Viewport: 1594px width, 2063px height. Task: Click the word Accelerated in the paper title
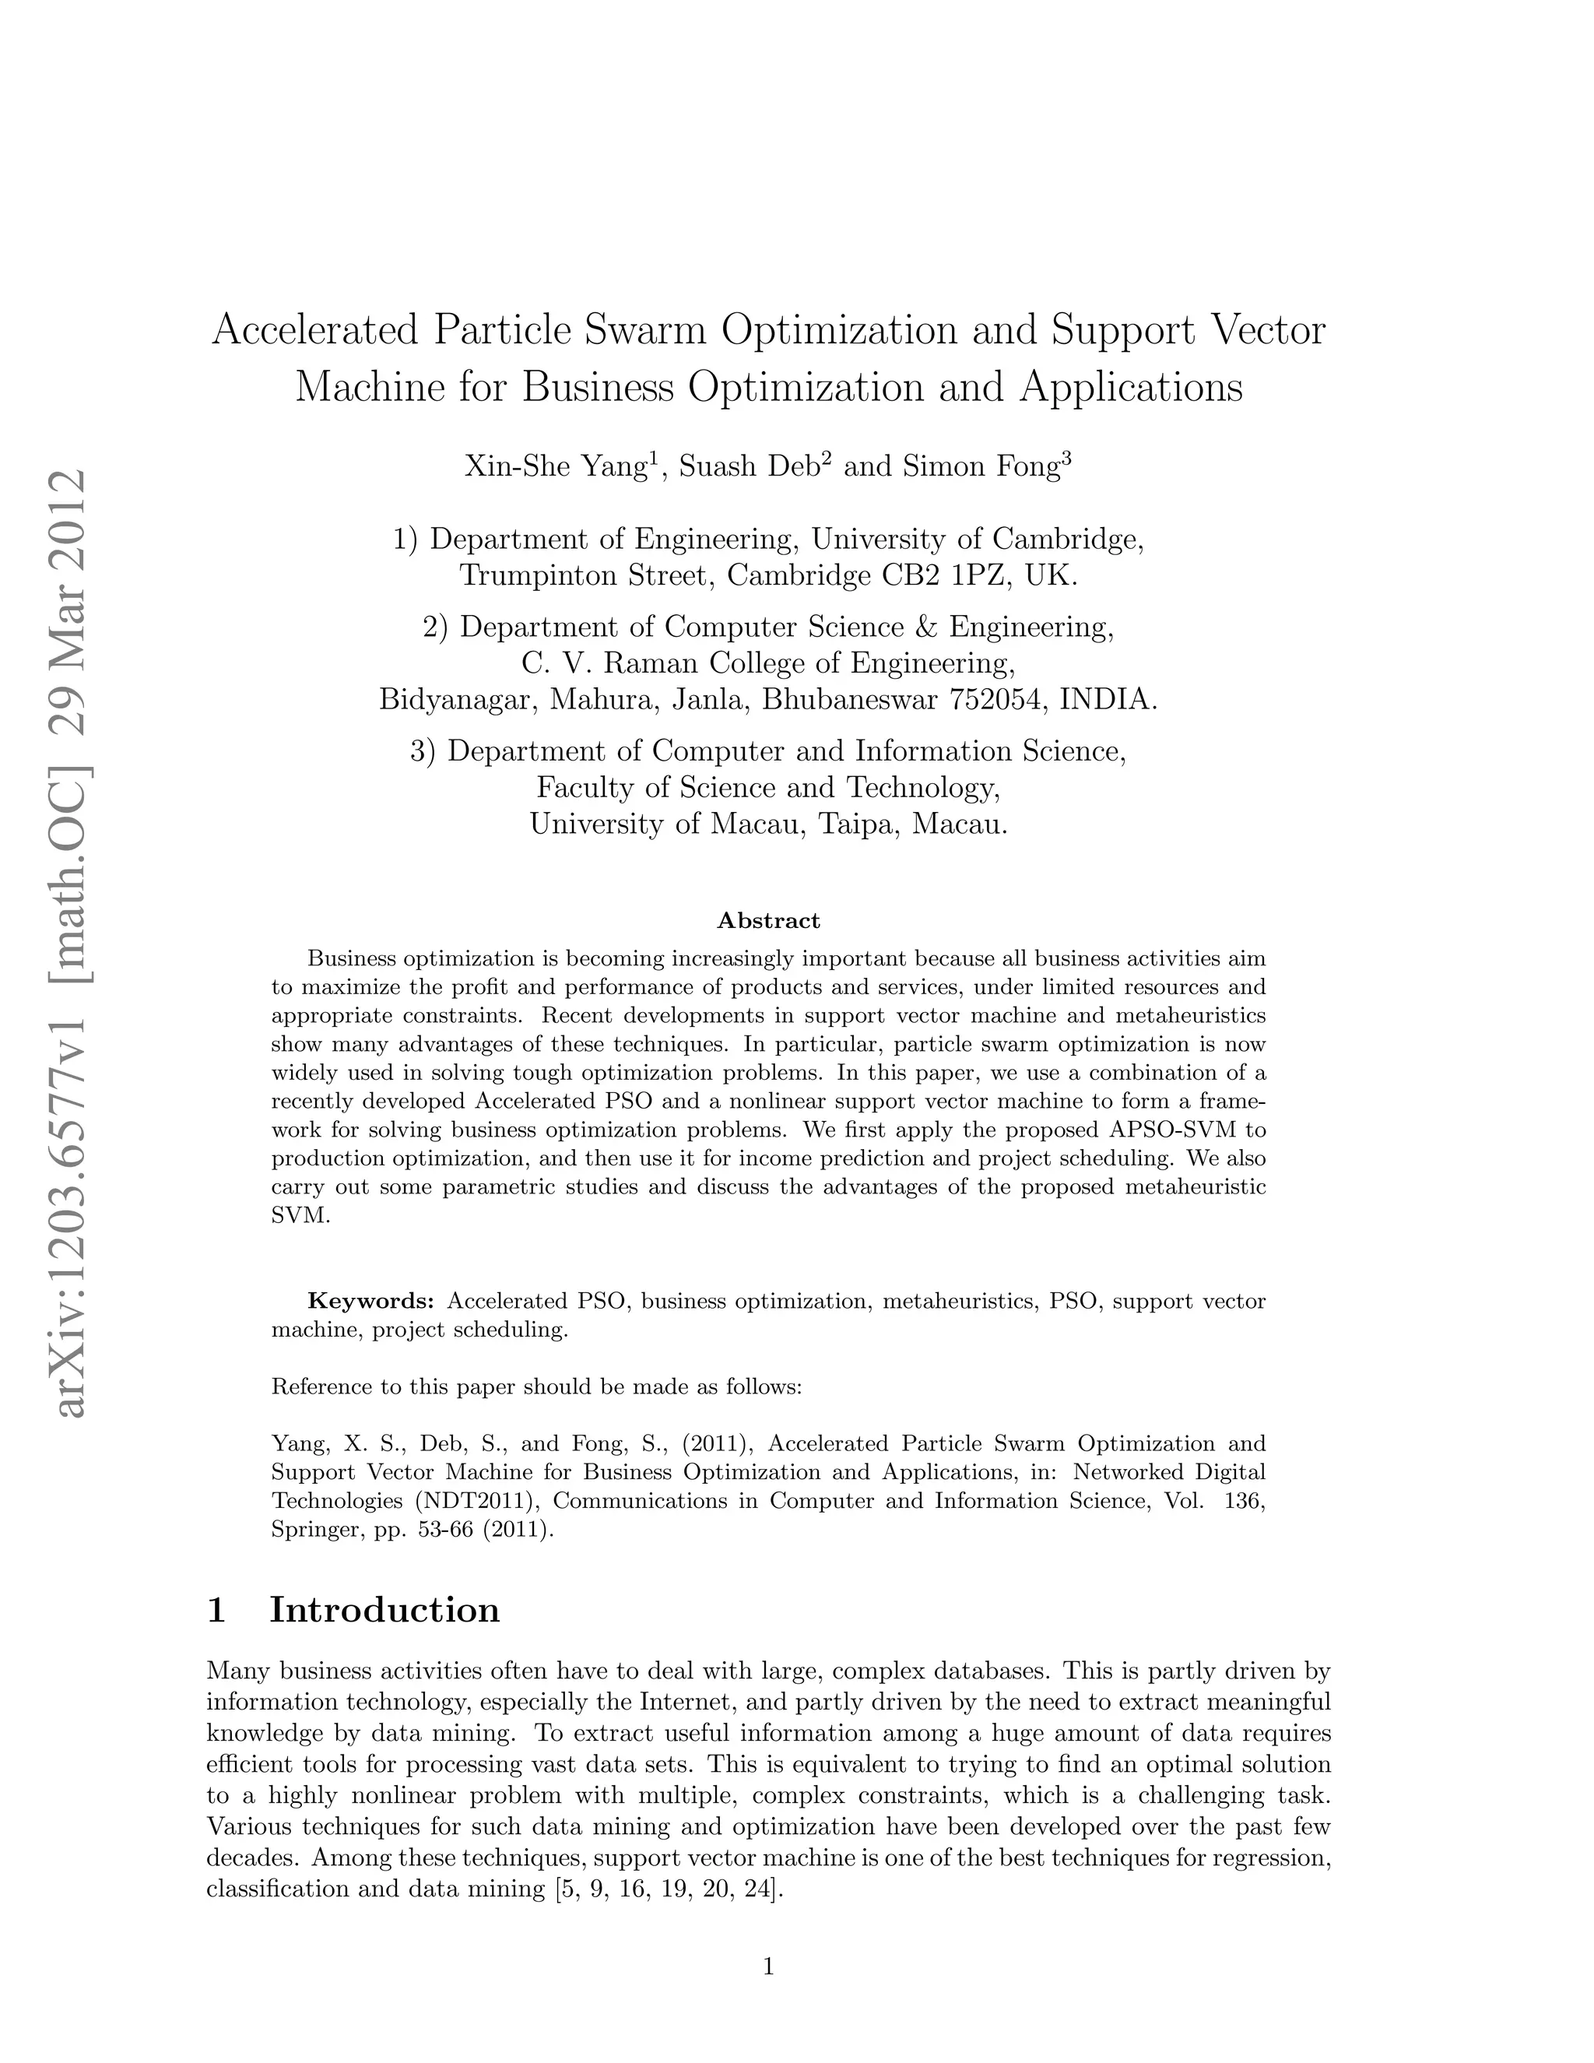click(315, 331)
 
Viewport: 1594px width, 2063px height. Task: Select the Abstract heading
click(769, 920)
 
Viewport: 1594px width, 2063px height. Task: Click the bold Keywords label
click(371, 1302)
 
